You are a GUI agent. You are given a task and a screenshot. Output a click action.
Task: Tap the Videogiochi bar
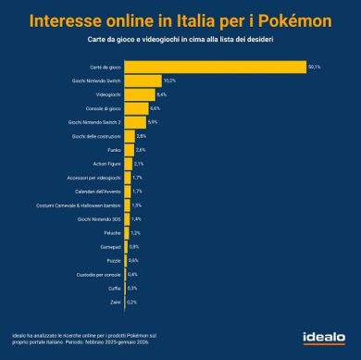(x=139, y=94)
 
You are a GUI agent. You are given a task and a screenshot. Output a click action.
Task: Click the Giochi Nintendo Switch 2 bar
(x=134, y=122)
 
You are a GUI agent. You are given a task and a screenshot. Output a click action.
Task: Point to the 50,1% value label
(x=316, y=67)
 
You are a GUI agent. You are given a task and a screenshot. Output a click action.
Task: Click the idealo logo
(x=324, y=335)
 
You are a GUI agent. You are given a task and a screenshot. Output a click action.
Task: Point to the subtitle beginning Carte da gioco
(x=180, y=43)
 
